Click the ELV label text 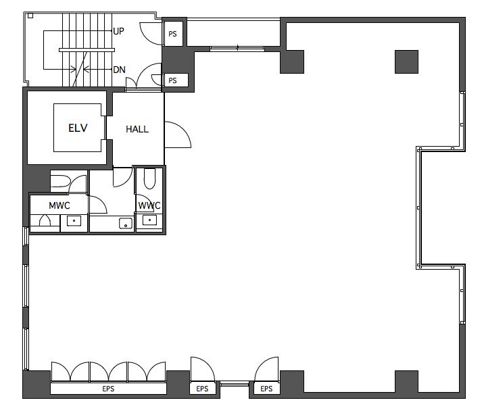point(78,128)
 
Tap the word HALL point(137,129)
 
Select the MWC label point(59,205)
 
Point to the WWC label point(149,205)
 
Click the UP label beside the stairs point(118,31)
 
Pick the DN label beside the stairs point(119,70)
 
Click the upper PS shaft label point(172,34)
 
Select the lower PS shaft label point(172,80)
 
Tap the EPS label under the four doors point(108,389)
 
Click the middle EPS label point(202,389)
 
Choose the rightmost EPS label point(266,389)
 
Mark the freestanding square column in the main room point(406,62)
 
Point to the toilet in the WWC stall point(149,178)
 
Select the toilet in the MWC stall point(61,181)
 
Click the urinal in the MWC point(45,220)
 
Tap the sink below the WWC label point(149,220)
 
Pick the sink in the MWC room point(74,221)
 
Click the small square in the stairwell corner point(30,16)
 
